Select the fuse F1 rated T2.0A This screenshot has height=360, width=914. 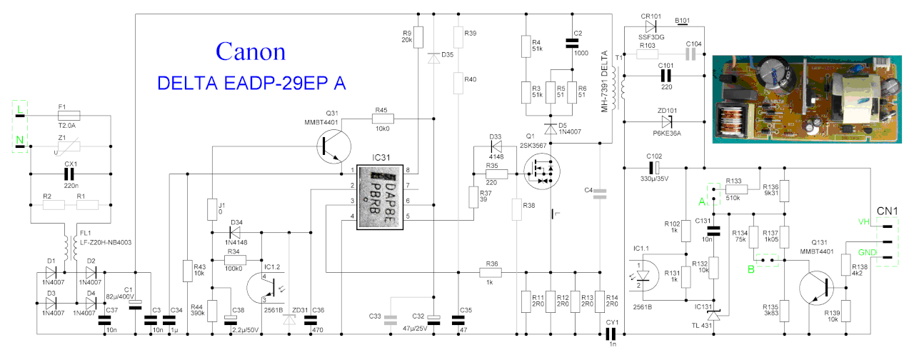[x=69, y=114]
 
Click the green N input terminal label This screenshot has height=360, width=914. [x=21, y=139]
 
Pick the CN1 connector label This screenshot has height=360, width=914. [x=887, y=211]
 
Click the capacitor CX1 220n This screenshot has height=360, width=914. [x=70, y=173]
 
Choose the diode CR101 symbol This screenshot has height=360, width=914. [x=650, y=26]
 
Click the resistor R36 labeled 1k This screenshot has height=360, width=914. [x=491, y=272]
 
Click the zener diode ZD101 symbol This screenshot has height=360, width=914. [x=666, y=121]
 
